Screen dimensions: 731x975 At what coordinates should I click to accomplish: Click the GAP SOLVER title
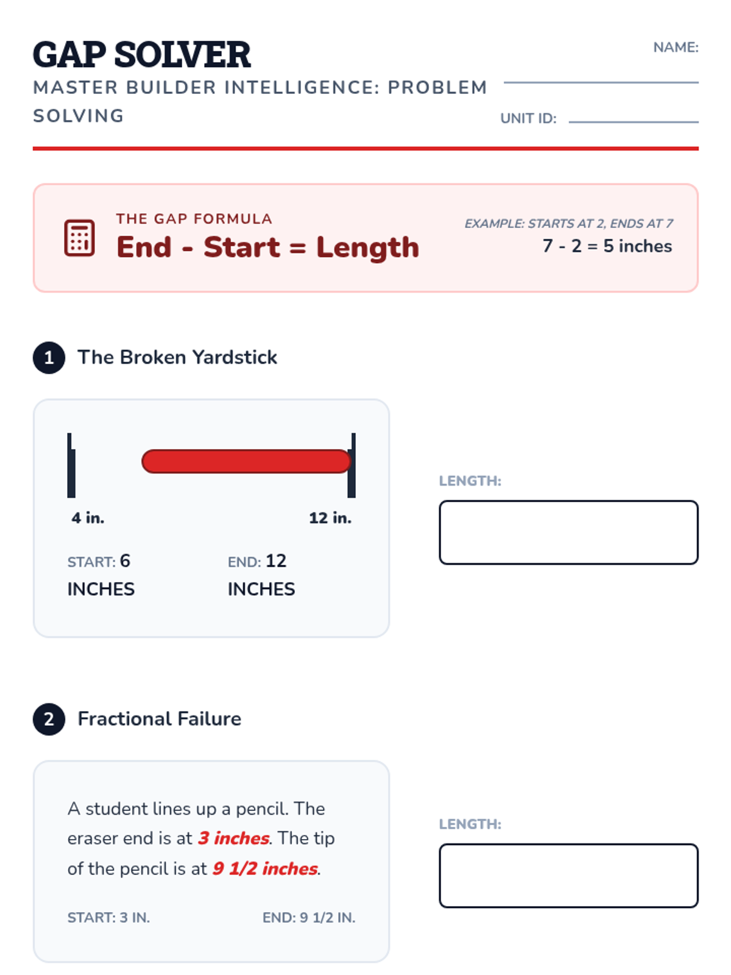click(x=141, y=55)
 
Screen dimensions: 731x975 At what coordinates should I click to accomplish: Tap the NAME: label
click(x=675, y=48)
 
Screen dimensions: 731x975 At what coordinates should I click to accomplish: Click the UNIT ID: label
click(x=528, y=119)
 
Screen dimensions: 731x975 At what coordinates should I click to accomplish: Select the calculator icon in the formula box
click(x=79, y=238)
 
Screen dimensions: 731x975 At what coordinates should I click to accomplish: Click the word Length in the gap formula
click(x=367, y=247)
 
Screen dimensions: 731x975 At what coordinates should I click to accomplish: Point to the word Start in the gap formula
click(x=242, y=247)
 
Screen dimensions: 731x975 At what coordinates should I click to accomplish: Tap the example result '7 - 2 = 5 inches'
click(x=607, y=246)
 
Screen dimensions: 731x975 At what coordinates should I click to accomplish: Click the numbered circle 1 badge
click(x=49, y=358)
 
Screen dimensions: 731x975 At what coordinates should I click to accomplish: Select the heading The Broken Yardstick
click(x=177, y=357)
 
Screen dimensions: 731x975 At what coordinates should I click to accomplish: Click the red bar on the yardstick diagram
click(x=246, y=461)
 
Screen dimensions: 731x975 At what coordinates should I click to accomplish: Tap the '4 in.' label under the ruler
click(x=88, y=518)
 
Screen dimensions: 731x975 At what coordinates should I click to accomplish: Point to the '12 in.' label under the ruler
click(x=330, y=518)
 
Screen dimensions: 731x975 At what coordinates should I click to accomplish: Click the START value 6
click(x=125, y=561)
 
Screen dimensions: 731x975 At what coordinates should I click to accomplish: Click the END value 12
click(x=275, y=561)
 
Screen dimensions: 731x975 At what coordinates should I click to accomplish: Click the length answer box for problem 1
click(x=568, y=533)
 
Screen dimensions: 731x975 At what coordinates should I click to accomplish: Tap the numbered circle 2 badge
click(x=49, y=719)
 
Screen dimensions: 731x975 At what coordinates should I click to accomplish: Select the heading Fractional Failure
click(x=160, y=718)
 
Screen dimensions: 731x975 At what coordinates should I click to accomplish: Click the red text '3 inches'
click(x=233, y=838)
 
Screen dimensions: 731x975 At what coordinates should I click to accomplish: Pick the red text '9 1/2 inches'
click(x=265, y=868)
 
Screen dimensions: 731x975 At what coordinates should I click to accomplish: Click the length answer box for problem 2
click(x=568, y=876)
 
